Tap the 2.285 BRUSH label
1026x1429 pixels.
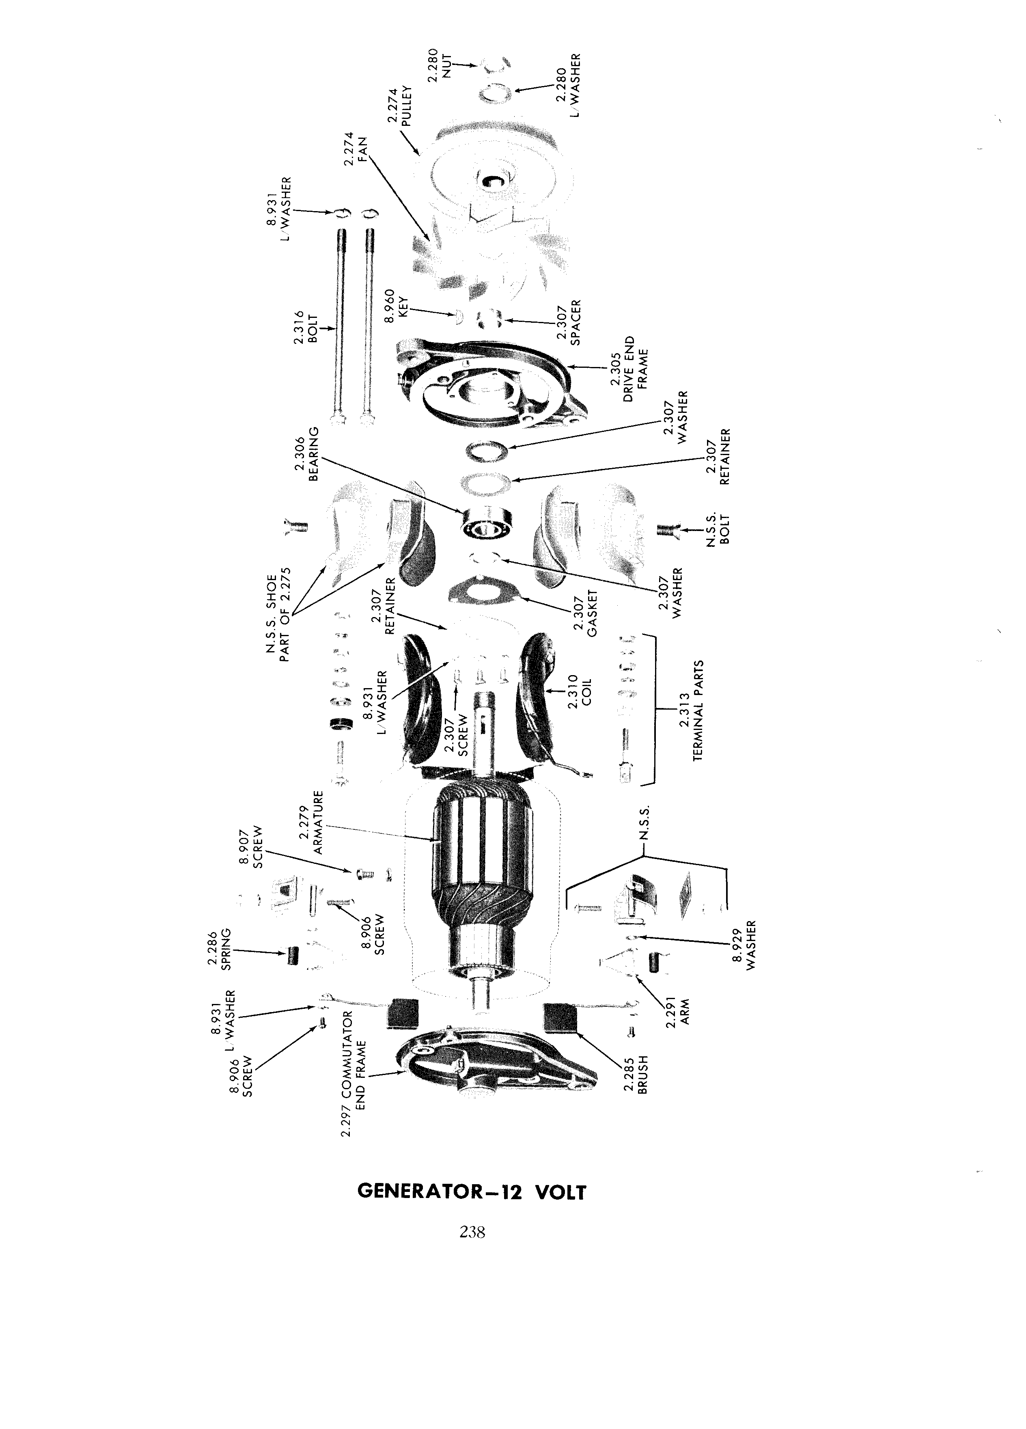(636, 1074)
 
